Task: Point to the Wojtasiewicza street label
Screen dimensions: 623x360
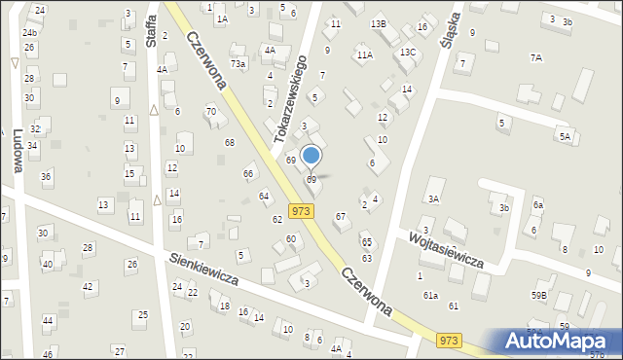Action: point(447,249)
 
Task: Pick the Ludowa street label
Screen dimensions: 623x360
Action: point(17,152)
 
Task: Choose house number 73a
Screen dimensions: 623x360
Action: point(238,63)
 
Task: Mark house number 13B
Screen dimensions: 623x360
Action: point(379,23)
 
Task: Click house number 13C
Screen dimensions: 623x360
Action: point(407,52)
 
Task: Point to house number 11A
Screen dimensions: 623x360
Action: point(364,55)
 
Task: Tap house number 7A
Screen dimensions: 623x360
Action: point(535,58)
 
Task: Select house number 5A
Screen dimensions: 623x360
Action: point(564,137)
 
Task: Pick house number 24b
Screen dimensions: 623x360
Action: point(30,32)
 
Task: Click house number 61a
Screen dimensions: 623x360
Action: point(430,295)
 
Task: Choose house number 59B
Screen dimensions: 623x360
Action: point(538,295)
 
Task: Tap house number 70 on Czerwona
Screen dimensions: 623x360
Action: point(210,112)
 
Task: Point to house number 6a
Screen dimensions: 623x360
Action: point(537,204)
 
